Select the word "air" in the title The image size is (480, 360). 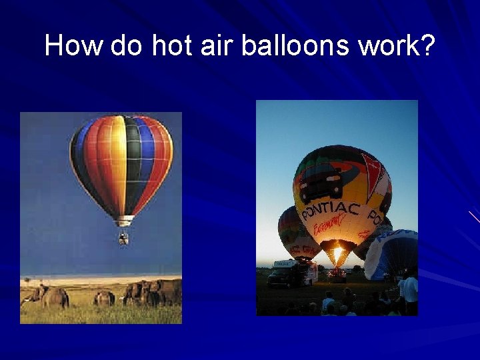(217, 46)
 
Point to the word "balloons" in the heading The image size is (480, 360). (295, 46)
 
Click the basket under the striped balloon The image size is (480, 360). (123, 237)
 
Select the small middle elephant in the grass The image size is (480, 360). (104, 298)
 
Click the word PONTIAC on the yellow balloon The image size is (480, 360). (331, 211)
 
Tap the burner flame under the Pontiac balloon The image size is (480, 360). (338, 255)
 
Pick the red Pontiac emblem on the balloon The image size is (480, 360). (371, 175)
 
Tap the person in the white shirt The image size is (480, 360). (411, 291)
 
